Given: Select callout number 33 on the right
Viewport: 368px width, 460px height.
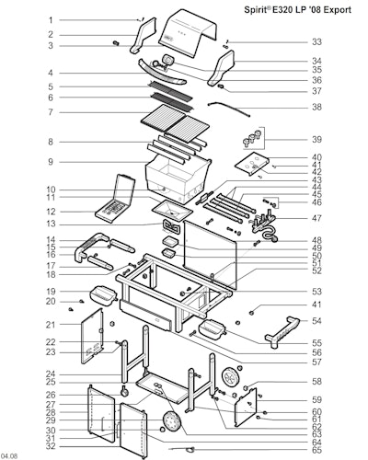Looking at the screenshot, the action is (316, 41).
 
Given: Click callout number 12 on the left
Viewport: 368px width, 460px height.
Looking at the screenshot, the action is (51, 212).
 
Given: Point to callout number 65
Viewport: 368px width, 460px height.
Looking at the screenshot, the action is (316, 450).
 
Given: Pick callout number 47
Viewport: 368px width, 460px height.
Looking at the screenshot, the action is (316, 218).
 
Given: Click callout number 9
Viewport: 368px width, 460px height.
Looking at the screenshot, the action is (51, 162).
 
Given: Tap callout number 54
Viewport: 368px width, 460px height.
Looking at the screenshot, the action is (316, 321).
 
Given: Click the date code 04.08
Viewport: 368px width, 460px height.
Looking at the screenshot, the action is (9, 456).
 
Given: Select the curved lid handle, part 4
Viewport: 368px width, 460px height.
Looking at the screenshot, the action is (162, 73).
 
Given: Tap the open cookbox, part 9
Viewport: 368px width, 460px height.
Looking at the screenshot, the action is (178, 178).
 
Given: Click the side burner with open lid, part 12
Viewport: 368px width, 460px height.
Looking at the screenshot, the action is (115, 199).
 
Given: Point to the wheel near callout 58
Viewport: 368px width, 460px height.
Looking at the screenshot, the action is (231, 378).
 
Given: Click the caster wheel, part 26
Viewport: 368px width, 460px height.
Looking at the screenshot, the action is (124, 392).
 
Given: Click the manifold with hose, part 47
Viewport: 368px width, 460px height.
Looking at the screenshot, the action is (264, 226).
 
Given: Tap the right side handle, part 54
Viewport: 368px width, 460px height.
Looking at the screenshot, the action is (282, 334).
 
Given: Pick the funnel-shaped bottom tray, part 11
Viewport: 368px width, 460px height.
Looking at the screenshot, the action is (172, 210).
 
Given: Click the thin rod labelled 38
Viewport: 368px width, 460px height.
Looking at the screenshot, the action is (229, 109).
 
